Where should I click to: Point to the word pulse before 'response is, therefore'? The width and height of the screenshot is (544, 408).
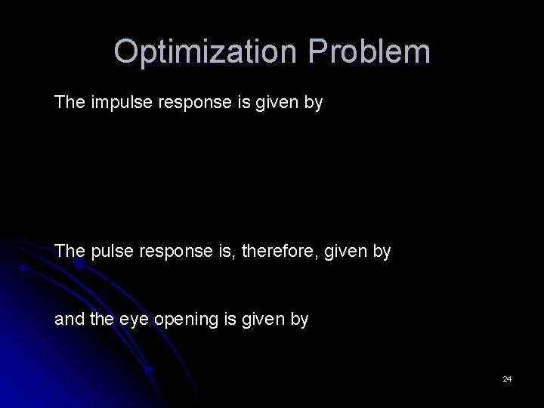(x=109, y=251)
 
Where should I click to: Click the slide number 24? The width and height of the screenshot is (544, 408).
(x=507, y=379)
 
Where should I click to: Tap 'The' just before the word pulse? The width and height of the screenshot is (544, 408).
(x=70, y=251)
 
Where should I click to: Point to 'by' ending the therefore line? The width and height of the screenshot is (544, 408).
(x=382, y=251)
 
